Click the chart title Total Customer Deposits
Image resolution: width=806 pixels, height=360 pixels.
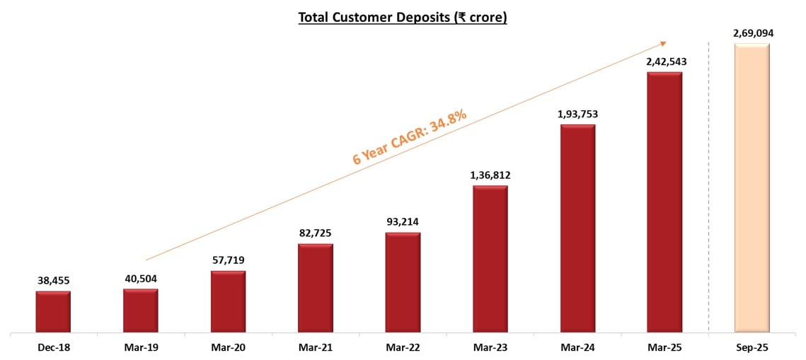[x=403, y=18]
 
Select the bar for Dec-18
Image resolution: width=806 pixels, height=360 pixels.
[x=53, y=311]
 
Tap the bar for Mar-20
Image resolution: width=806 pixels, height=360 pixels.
[x=228, y=301]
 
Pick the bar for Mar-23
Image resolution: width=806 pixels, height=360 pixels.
[x=490, y=259]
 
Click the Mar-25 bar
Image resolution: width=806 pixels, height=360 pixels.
[x=664, y=202]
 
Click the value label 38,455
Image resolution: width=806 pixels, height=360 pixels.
[x=53, y=281]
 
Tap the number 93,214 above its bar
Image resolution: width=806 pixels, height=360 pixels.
[x=403, y=222]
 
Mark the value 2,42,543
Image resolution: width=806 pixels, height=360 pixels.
[x=664, y=62]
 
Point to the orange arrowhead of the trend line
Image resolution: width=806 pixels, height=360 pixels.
[x=664, y=42]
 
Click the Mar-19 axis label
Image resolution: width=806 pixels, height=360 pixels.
[x=141, y=347]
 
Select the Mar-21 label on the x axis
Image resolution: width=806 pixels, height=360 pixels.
[x=315, y=347]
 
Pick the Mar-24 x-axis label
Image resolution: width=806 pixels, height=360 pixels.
[x=577, y=347]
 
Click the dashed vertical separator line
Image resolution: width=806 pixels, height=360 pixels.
[x=708, y=212]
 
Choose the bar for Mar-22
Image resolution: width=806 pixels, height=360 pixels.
[x=403, y=282]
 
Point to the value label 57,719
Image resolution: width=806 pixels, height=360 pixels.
[x=228, y=260]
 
